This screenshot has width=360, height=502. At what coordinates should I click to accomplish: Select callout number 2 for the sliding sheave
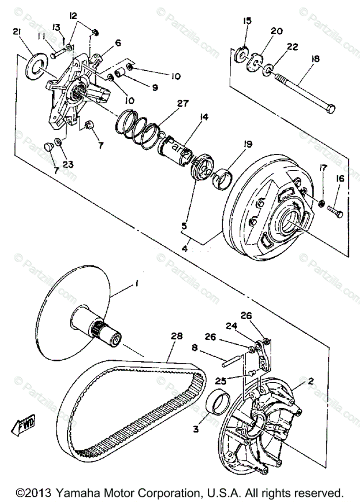pos(310,381)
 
